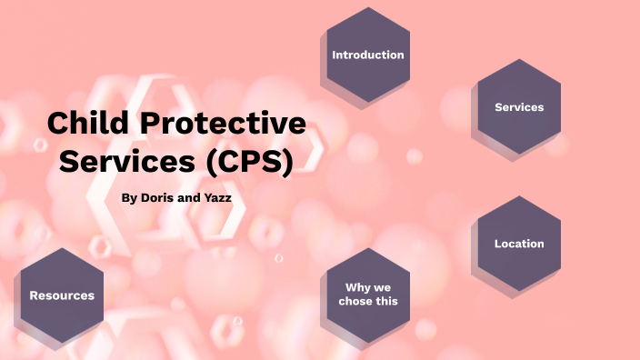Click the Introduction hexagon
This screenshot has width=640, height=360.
367,55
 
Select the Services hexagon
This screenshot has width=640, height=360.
519,107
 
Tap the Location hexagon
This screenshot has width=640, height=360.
519,244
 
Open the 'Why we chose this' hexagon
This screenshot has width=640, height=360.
367,294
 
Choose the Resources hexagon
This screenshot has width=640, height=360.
62,295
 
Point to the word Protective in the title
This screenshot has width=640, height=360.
223,124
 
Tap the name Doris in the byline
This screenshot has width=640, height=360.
160,196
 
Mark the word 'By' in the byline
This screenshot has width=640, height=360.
129,196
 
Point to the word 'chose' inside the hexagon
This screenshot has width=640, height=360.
355,301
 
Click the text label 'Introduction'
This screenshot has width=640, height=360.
367,55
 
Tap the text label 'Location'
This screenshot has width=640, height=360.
519,244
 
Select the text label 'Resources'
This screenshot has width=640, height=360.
62,295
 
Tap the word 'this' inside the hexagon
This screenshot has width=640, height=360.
386,301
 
